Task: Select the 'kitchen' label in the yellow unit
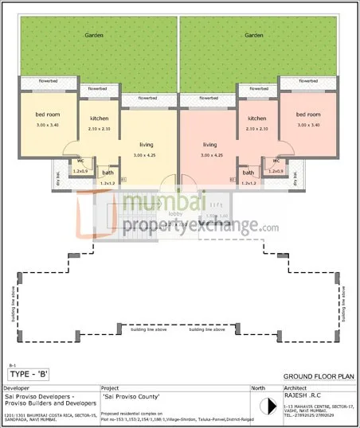click(x=99, y=119)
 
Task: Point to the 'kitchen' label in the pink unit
click(x=256, y=119)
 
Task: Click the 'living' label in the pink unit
click(x=209, y=145)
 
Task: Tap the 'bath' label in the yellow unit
click(x=108, y=173)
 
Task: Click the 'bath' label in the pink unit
click(x=248, y=173)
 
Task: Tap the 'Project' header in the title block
click(x=111, y=388)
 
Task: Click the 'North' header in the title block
click(x=259, y=388)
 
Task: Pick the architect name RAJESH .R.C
click(x=303, y=395)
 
